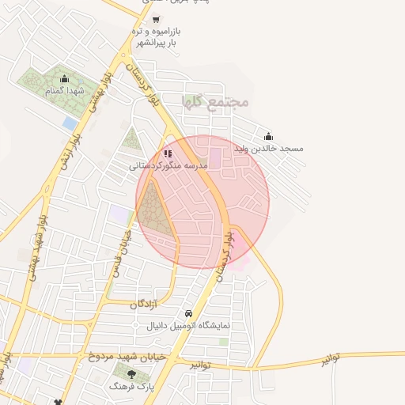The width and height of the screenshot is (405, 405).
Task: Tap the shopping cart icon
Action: coord(156,19)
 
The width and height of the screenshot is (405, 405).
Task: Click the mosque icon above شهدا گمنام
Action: coord(65,79)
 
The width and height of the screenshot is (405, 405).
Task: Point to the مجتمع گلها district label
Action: coord(215,101)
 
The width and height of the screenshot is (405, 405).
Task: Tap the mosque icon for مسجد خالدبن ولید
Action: coord(268,135)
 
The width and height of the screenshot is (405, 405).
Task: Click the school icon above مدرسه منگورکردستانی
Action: coord(167,153)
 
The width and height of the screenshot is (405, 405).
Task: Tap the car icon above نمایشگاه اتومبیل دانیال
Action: coord(187,313)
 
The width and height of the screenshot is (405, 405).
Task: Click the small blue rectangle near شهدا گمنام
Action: coord(70,123)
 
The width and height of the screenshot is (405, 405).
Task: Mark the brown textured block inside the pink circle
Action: coord(157,212)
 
